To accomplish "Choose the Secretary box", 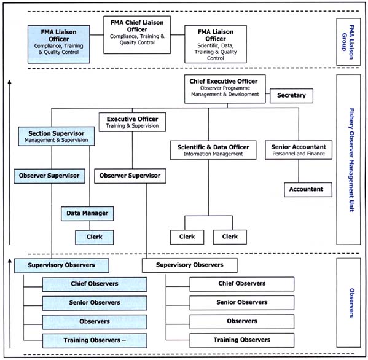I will click(291, 96).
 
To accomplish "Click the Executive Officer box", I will click(132, 122).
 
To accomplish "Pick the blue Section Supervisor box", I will click(56, 136).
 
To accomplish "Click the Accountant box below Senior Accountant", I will click(307, 189).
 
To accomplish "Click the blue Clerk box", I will click(95, 237).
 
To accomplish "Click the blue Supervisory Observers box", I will click(61, 265).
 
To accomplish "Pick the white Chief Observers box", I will click(241, 284).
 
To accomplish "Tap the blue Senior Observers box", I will click(94, 302).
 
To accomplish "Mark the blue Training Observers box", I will click(94, 340).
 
